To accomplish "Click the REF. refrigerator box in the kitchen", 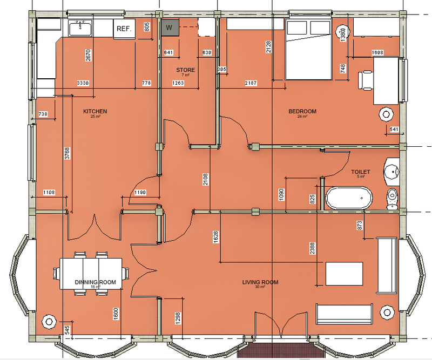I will click(124, 29).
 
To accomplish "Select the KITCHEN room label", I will click(95, 112).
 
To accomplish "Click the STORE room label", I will click(185, 70).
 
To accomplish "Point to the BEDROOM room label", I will click(302, 112).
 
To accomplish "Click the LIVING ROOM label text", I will click(260, 282).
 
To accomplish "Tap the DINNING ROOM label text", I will click(96, 282).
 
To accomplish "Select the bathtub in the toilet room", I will click(349, 198).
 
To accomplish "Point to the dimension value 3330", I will click(83, 83).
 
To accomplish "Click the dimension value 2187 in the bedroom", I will click(251, 83).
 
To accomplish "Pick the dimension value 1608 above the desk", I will click(377, 52).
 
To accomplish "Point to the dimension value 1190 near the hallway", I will click(140, 192).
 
